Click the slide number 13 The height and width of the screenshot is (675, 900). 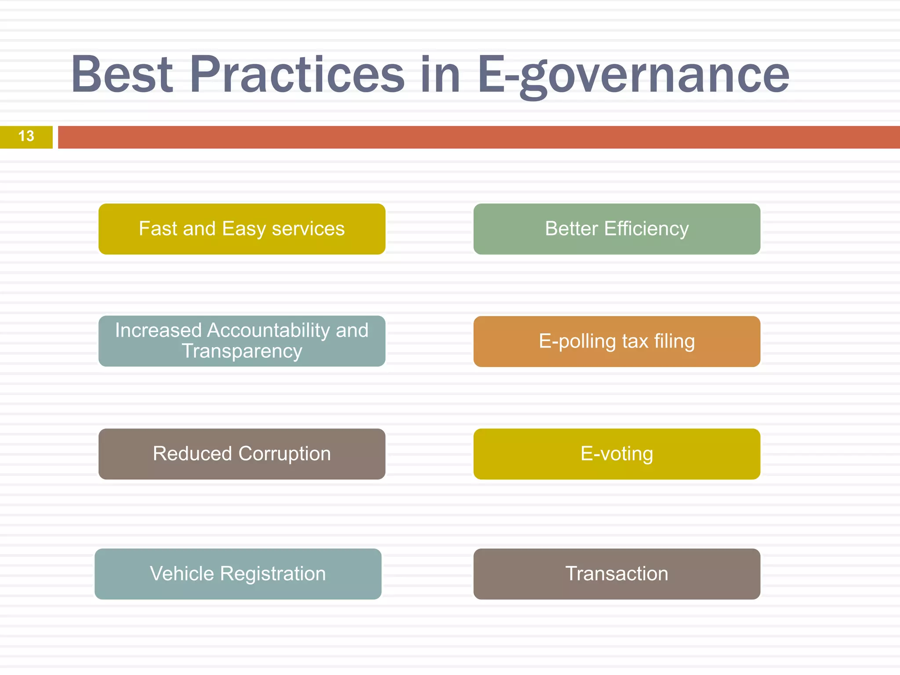click(x=26, y=136)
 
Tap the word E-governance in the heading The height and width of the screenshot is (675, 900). click(x=633, y=76)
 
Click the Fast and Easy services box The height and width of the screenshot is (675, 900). click(x=242, y=229)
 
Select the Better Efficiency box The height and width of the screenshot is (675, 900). click(x=617, y=229)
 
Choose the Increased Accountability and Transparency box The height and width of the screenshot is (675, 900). click(x=242, y=341)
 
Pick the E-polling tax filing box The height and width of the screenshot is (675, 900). click(x=617, y=341)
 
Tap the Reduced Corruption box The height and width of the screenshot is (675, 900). click(x=242, y=454)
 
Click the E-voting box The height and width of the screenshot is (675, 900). click(x=617, y=454)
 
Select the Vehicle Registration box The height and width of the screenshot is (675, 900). click(x=238, y=574)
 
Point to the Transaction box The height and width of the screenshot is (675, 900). click(x=617, y=574)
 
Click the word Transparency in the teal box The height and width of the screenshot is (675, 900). click(x=242, y=352)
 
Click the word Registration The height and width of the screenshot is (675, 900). click(x=272, y=574)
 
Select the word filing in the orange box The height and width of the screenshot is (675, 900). click(x=674, y=341)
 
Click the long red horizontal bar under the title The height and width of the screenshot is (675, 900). click(x=479, y=137)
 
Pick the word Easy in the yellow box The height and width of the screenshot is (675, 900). click(x=244, y=229)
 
